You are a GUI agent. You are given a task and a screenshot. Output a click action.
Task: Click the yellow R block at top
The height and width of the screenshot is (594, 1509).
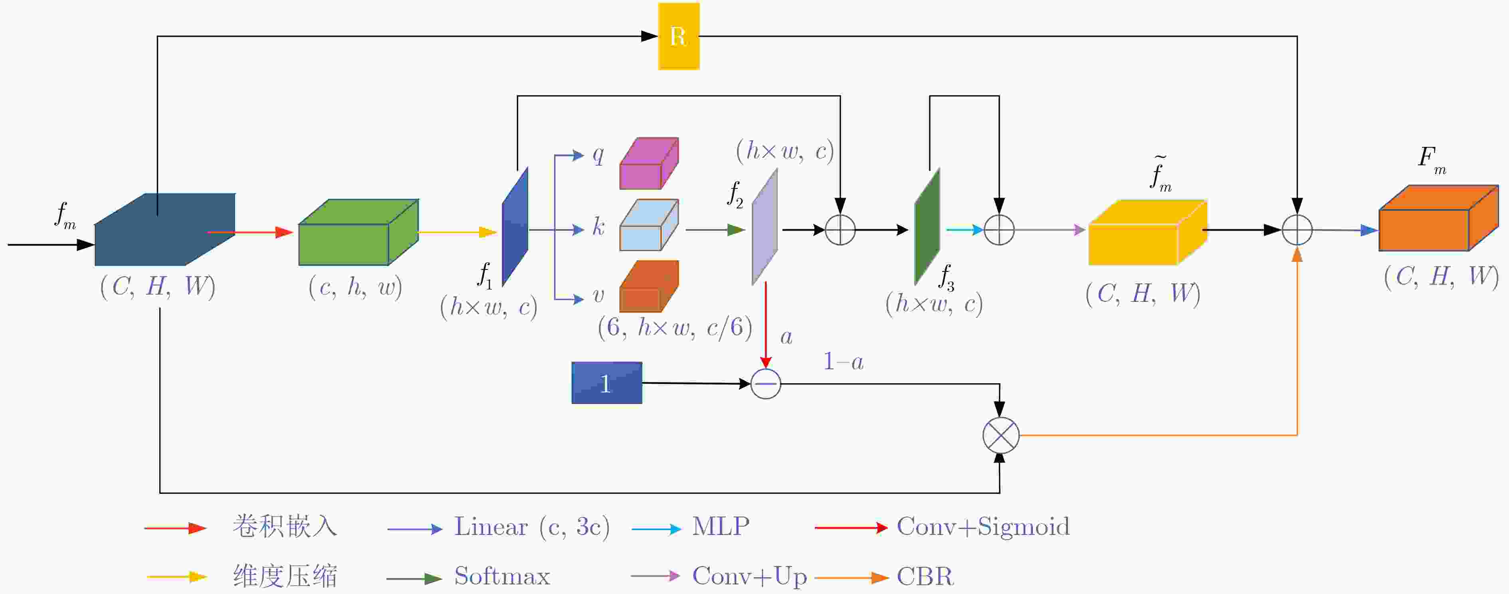(x=678, y=36)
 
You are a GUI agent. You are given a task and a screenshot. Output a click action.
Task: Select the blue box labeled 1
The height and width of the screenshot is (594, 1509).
(x=607, y=383)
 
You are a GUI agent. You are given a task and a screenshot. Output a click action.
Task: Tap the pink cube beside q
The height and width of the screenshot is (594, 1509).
(x=649, y=163)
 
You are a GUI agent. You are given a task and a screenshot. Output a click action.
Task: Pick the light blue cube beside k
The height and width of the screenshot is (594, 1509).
(x=649, y=225)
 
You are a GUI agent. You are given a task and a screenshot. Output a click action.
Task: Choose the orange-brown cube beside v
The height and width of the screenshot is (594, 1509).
(x=649, y=287)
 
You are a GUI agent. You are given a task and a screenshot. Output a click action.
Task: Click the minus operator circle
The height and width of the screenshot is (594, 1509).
(x=766, y=384)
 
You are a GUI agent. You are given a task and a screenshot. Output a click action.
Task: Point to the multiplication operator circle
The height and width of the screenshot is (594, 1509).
(x=1000, y=435)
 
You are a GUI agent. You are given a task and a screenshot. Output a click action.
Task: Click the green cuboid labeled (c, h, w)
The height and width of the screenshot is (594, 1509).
(x=358, y=233)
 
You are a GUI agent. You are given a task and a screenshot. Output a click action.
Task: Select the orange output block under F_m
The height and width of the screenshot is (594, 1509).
(x=1439, y=218)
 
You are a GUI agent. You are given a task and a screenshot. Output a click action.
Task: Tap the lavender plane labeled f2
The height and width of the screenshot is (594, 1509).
(x=765, y=227)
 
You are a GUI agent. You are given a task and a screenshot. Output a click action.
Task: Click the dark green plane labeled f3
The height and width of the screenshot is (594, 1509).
(x=927, y=227)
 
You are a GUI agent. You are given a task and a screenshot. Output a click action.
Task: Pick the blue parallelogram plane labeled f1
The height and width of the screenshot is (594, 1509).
(x=515, y=227)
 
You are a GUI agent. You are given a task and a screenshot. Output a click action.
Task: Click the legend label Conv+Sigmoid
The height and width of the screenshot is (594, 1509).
(x=983, y=527)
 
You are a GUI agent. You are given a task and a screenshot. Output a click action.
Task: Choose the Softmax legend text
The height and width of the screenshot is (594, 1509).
(x=502, y=576)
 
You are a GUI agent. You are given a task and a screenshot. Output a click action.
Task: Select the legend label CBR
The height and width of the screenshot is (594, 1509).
(x=925, y=576)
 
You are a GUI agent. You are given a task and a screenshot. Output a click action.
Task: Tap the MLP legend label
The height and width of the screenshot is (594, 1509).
(x=721, y=527)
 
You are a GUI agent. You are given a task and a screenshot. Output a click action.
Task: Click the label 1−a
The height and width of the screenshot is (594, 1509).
(x=844, y=362)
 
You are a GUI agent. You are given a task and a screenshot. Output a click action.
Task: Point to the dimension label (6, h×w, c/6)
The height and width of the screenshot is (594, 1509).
(x=675, y=327)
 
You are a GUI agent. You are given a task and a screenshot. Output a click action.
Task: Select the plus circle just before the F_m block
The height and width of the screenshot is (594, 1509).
(x=1297, y=230)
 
